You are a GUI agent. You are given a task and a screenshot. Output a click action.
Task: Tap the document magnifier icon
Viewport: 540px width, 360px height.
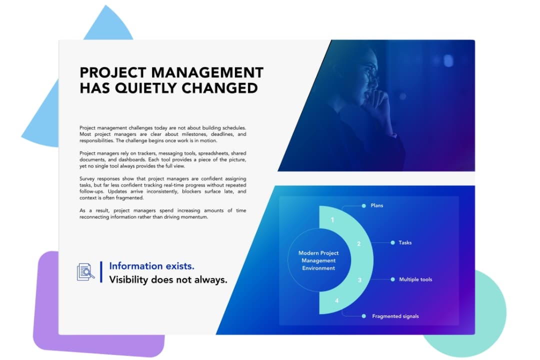[85, 272]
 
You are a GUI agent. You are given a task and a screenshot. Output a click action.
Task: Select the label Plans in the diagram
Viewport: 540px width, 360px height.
[376, 205]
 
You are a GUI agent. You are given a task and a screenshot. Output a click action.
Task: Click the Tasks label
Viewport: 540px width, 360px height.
[405, 242]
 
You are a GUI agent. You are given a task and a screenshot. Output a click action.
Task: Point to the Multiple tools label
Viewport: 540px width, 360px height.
[415, 279]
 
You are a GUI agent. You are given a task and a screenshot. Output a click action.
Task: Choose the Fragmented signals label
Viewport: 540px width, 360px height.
[395, 316]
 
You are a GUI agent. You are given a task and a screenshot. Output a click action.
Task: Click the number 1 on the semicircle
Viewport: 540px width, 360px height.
[332, 219]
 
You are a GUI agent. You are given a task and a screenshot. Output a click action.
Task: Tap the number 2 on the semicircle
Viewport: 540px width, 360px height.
[358, 244]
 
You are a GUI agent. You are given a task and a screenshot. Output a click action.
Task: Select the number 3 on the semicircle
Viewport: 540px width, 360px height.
[359, 280]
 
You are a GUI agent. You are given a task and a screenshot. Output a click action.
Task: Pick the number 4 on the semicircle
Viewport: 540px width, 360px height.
[336, 300]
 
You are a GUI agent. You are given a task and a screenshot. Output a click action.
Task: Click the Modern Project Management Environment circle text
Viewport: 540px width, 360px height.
[318, 260]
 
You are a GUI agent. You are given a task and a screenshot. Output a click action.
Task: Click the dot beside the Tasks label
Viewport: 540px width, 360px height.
[392, 242]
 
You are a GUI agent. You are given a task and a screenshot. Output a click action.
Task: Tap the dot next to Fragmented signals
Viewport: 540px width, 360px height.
[364, 316]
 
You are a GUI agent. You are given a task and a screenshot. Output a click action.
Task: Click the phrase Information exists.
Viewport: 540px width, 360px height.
[151, 266]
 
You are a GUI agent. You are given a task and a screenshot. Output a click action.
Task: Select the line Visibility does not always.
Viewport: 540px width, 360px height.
[168, 280]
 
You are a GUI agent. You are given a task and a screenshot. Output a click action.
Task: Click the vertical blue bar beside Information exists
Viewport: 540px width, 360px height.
[101, 272]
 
